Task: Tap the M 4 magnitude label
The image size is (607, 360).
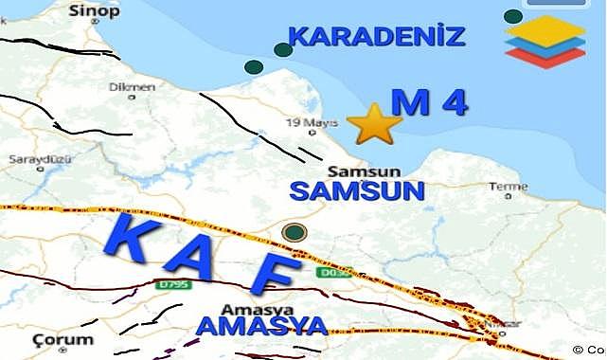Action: tap(429, 103)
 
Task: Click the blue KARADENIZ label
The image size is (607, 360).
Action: tap(376, 38)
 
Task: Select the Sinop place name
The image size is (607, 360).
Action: tap(96, 11)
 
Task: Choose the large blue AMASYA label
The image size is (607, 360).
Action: tap(261, 327)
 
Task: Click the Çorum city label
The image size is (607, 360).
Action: tap(62, 338)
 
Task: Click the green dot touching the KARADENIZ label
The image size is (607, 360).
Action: tap(282, 50)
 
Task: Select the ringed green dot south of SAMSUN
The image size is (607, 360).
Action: tap(295, 232)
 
